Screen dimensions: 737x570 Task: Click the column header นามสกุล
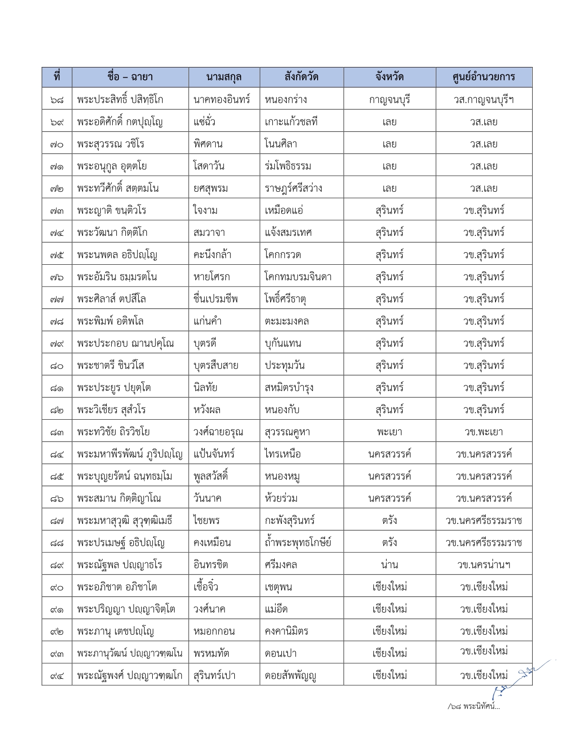click(224, 77)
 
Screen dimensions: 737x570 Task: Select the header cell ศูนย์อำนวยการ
click(483, 77)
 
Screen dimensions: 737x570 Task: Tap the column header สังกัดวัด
click(301, 77)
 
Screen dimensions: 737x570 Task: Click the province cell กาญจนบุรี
click(389, 100)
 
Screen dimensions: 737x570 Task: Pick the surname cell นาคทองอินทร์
click(222, 100)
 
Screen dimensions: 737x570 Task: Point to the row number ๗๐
click(57, 144)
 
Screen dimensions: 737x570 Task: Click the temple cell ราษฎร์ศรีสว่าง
click(293, 188)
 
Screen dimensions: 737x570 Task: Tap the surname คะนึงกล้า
click(212, 255)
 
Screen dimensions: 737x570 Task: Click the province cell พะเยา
click(389, 432)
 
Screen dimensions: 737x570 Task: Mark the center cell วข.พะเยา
click(483, 432)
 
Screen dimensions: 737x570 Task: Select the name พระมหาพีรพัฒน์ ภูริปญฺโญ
click(130, 454)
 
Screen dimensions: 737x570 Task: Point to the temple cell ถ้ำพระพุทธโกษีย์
click(298, 543)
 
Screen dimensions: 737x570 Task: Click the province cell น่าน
click(389, 565)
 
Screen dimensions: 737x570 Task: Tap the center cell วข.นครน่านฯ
click(483, 565)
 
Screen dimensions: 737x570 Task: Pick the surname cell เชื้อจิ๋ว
click(206, 587)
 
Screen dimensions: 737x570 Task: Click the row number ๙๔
click(57, 676)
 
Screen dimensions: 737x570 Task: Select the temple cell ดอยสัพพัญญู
click(291, 676)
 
